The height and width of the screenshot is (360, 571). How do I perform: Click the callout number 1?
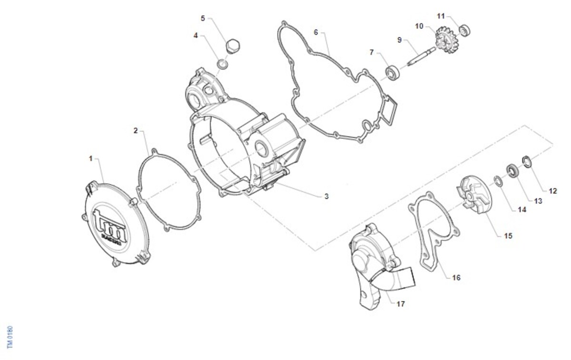pyautogui.click(x=90, y=159)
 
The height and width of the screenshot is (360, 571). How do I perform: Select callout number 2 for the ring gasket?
pyautogui.click(x=136, y=131)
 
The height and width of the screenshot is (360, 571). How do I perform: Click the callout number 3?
pyautogui.click(x=326, y=196)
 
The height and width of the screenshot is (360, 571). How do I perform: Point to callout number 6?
pyautogui.click(x=316, y=32)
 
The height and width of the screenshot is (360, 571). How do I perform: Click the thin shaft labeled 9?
pyautogui.click(x=422, y=57)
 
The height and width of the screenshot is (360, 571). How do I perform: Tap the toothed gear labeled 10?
pyautogui.click(x=445, y=40)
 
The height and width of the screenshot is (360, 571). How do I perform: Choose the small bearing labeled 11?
pyautogui.click(x=464, y=30)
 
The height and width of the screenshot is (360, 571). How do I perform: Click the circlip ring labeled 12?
pyautogui.click(x=527, y=162)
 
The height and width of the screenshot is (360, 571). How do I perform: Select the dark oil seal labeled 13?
pyautogui.click(x=512, y=171)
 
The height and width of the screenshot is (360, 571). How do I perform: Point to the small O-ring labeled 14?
pyautogui.click(x=498, y=181)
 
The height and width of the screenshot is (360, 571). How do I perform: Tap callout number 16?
pyautogui.click(x=456, y=277)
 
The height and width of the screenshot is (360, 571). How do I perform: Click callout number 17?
pyautogui.click(x=401, y=304)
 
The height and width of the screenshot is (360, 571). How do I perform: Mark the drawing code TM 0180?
pyautogui.click(x=10, y=337)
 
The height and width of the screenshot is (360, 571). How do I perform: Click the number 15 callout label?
pyautogui.click(x=508, y=236)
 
